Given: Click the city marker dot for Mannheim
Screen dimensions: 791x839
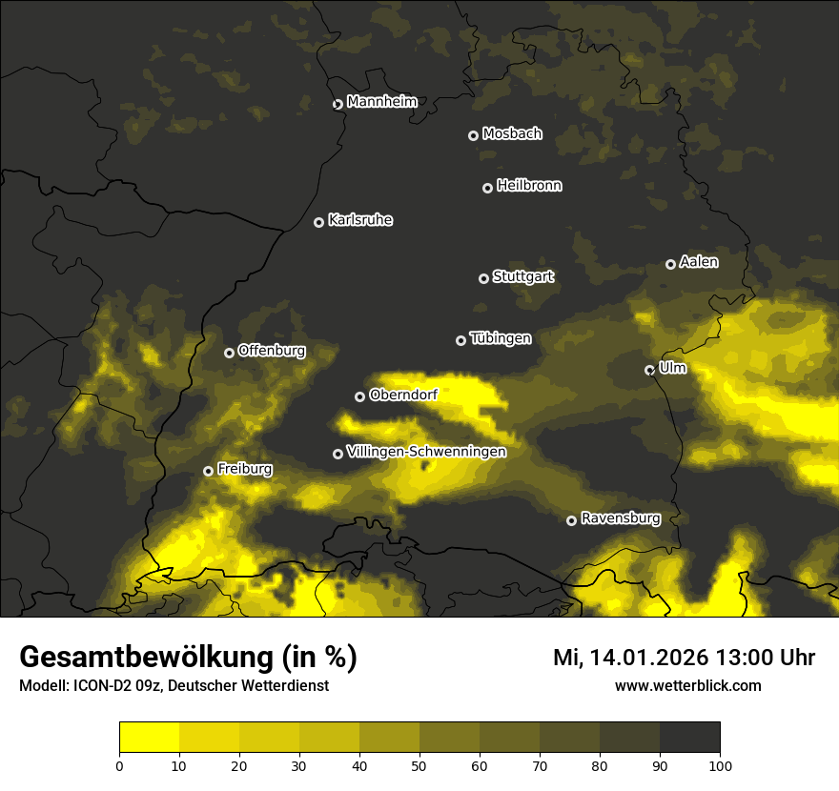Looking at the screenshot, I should pyautogui.click(x=338, y=105).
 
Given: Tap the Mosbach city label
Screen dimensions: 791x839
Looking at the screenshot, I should pyautogui.click(x=512, y=134).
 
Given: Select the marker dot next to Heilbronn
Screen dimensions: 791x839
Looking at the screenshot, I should pyautogui.click(x=487, y=188).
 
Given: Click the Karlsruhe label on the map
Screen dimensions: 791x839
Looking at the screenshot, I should pyautogui.click(x=360, y=220).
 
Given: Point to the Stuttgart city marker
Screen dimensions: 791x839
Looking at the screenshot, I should pyautogui.click(x=483, y=278).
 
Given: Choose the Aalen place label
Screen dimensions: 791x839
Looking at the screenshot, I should pyautogui.click(x=699, y=262).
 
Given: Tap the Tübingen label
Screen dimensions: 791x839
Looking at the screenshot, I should pyautogui.click(x=501, y=338).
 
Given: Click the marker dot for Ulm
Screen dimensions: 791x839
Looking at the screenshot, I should pyautogui.click(x=649, y=370).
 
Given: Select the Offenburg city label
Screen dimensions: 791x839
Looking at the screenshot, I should pyautogui.click(x=272, y=351).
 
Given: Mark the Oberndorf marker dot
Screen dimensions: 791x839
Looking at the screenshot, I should pyautogui.click(x=359, y=396).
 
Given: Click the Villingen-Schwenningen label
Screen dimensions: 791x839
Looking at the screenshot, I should pyautogui.click(x=426, y=452).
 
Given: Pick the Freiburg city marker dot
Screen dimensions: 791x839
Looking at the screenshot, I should pyautogui.click(x=208, y=471).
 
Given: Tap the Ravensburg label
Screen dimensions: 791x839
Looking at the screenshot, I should pyautogui.click(x=621, y=518).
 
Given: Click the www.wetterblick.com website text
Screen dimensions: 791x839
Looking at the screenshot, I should pyautogui.click(x=687, y=685).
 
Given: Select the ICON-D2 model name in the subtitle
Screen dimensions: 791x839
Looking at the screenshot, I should pyautogui.click(x=96, y=686).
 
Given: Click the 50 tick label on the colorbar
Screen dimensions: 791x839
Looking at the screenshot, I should pyautogui.click(x=419, y=765).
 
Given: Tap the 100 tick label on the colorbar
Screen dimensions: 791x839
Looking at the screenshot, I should pyautogui.click(x=720, y=765).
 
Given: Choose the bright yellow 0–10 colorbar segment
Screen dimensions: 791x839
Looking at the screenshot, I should pyautogui.click(x=149, y=738).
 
